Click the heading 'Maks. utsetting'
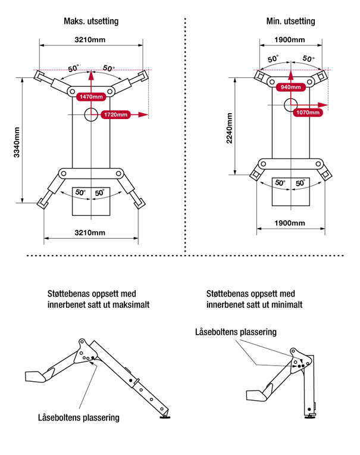(91, 21)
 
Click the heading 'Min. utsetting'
(290, 21)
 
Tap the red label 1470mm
(90, 96)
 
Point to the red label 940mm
(290, 87)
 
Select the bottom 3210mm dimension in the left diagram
(90, 232)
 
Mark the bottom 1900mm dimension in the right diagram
(290, 223)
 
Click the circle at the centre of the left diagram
(90, 114)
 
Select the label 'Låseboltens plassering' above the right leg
(236, 332)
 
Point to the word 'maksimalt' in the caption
(132, 304)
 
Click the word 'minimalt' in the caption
(287, 304)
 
